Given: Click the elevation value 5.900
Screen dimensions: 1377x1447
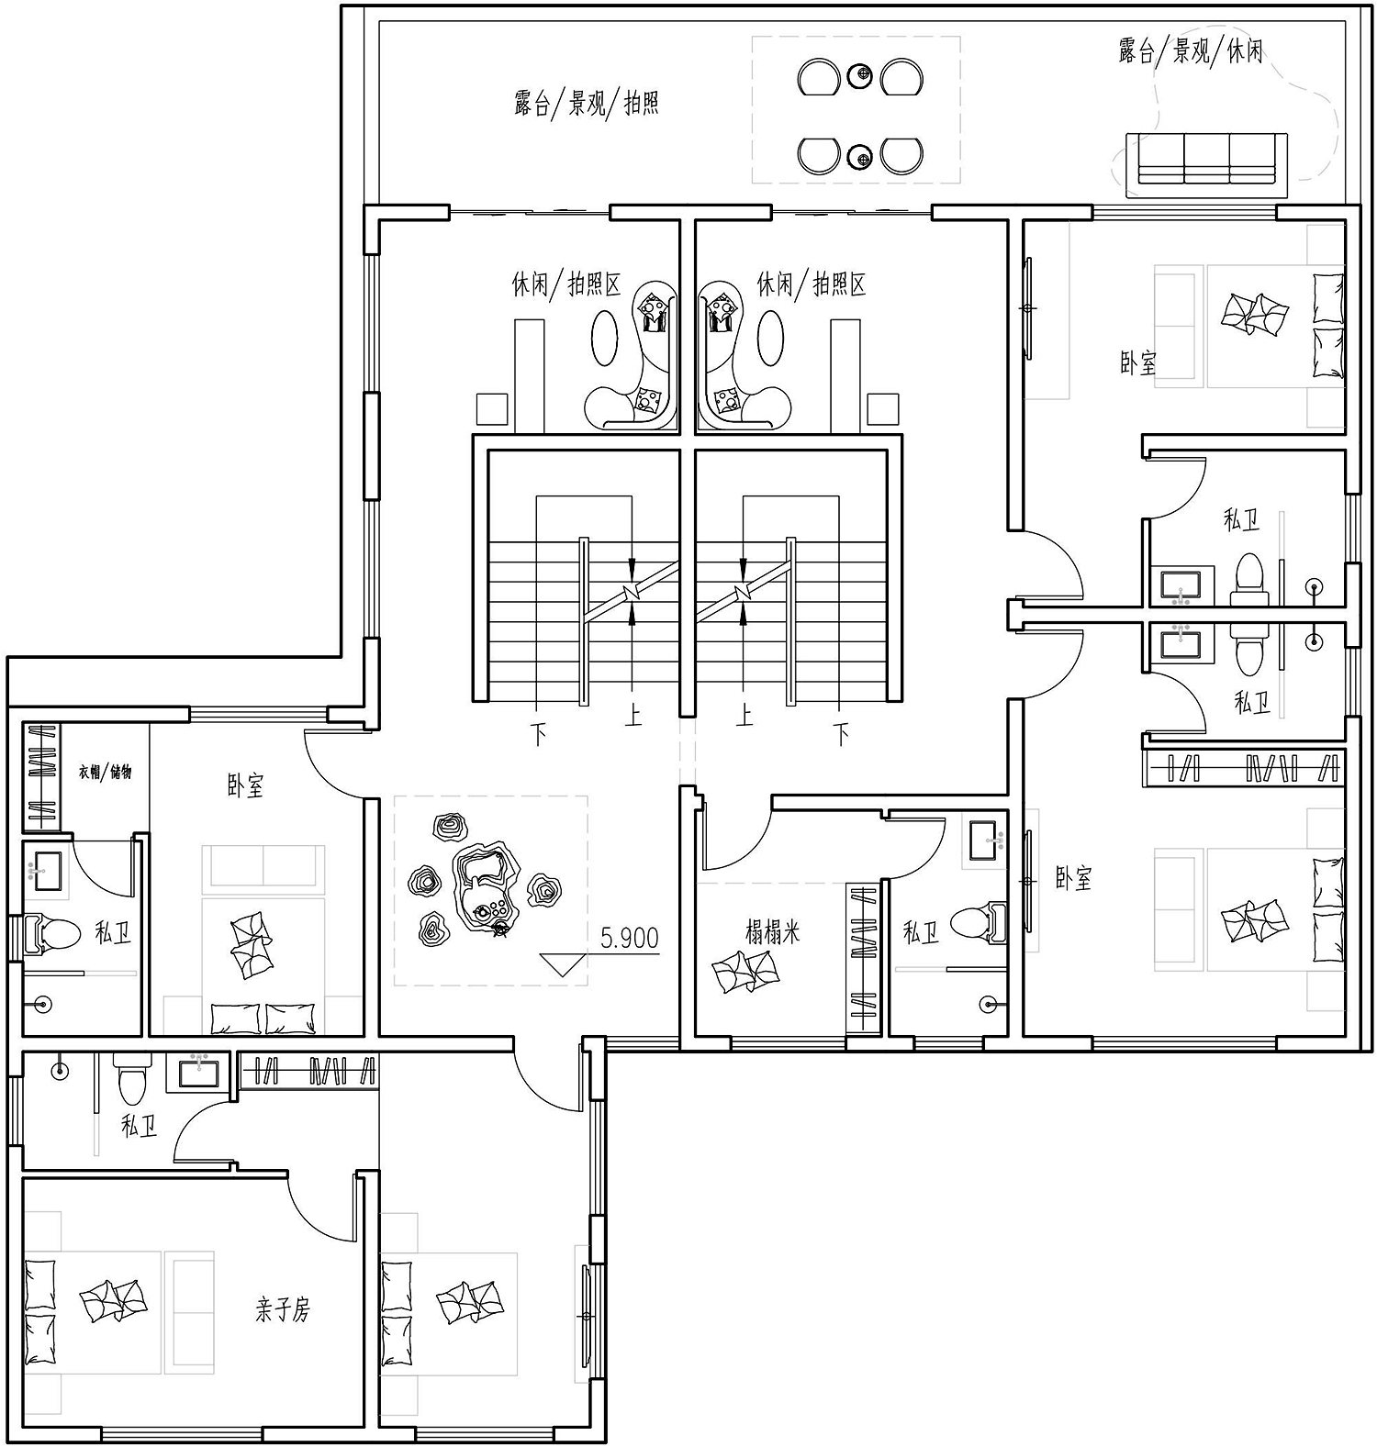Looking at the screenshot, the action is [630, 937].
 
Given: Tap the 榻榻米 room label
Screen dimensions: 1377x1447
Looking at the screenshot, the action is [772, 932].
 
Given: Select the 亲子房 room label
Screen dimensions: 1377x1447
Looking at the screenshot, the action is [283, 1309].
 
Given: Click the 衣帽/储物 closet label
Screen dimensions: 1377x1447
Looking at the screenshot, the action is [105, 772].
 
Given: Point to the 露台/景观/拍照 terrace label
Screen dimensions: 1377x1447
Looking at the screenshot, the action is [587, 103].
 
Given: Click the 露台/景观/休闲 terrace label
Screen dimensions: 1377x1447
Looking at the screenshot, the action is [1191, 50].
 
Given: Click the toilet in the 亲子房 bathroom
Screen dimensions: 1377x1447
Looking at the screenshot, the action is [129, 1080].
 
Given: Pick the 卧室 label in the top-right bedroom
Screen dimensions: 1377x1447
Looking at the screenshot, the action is [1138, 363].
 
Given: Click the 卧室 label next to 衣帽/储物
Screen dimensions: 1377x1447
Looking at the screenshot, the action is [246, 786].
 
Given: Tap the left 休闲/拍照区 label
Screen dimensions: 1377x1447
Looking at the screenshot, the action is [566, 284].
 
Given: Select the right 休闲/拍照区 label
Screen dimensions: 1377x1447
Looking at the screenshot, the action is [812, 284].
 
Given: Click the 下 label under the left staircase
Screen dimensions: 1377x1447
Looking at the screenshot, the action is [539, 734].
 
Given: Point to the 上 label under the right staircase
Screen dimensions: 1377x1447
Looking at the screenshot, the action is [744, 715].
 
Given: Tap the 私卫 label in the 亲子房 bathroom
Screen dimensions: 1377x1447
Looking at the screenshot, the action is [139, 1126].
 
